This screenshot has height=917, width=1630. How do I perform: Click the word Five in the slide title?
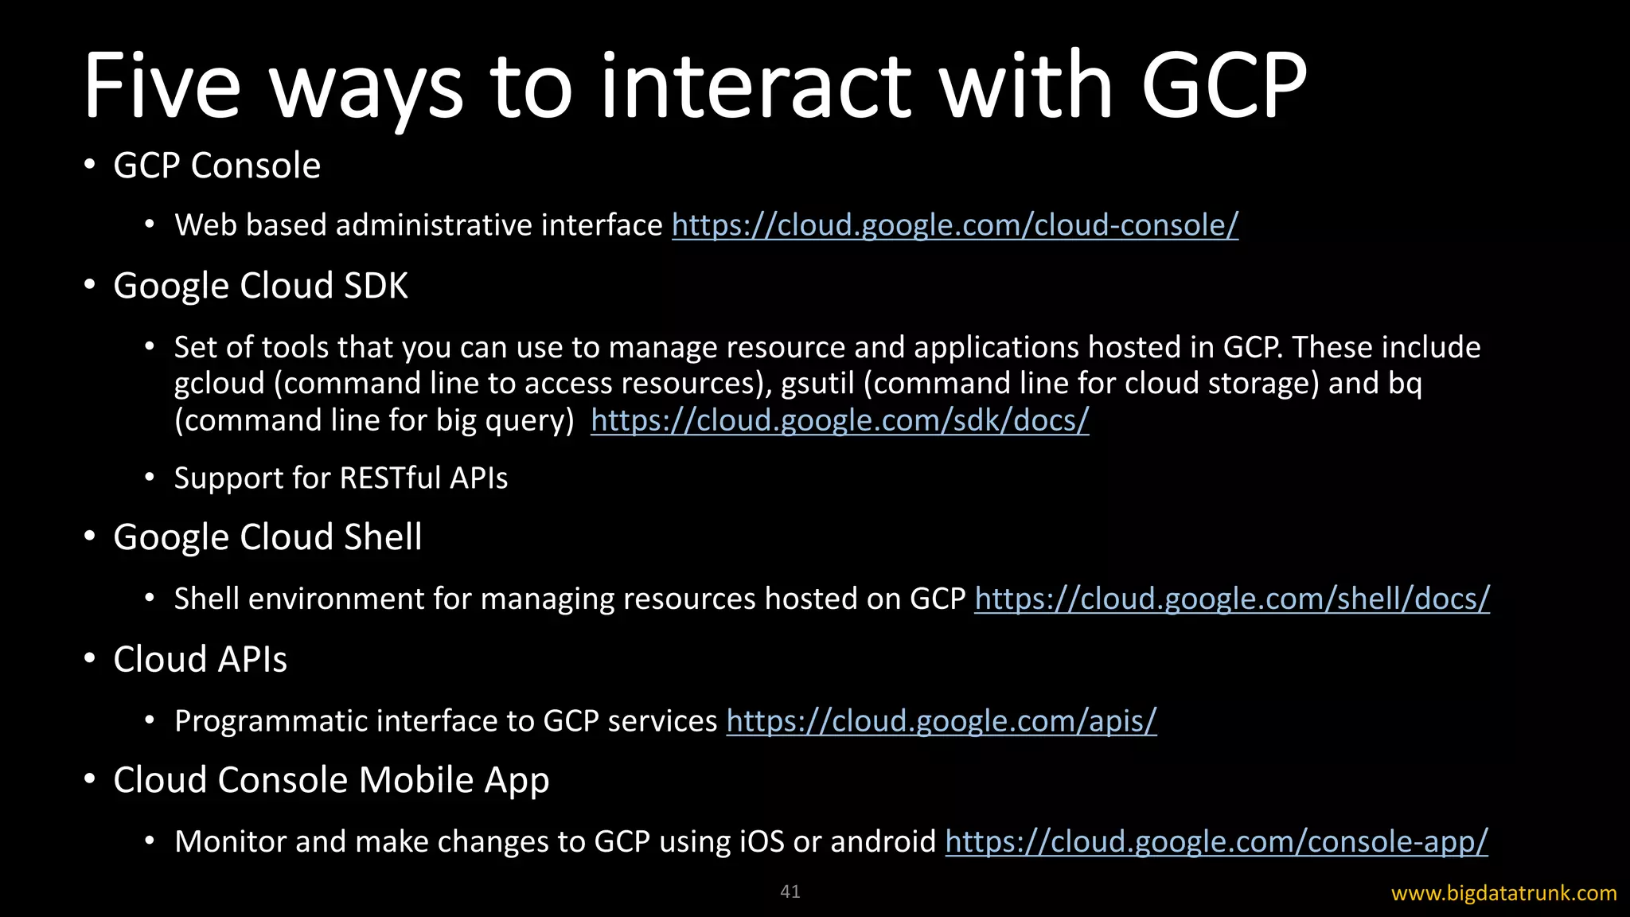(x=162, y=86)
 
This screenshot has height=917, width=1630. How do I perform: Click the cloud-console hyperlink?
(x=954, y=225)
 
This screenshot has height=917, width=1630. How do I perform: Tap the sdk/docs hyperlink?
(x=839, y=420)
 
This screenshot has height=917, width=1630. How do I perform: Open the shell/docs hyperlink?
(x=1231, y=599)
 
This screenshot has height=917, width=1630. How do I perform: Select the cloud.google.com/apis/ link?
(x=941, y=721)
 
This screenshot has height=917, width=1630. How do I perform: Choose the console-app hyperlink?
(x=1215, y=841)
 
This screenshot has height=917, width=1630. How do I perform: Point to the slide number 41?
(x=790, y=892)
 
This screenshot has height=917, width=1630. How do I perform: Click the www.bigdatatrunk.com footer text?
(x=1503, y=893)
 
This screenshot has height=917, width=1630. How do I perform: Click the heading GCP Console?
(x=216, y=166)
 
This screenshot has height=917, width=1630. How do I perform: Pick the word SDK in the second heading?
(x=376, y=286)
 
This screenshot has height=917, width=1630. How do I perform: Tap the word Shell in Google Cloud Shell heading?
(x=383, y=537)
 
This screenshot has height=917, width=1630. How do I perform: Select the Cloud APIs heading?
(x=200, y=660)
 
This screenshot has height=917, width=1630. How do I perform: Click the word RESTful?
(x=390, y=478)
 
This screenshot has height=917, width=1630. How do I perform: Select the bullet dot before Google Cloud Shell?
(x=90, y=537)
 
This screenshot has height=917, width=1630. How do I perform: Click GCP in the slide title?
(x=1223, y=86)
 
